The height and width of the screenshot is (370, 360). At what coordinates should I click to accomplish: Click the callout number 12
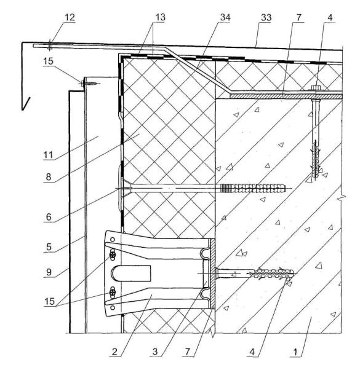coord(70,17)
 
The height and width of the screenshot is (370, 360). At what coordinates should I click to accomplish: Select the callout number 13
coord(160,17)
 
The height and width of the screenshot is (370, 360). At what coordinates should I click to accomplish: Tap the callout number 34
coord(225,17)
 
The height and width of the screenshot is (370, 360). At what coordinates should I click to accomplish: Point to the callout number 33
coord(266,17)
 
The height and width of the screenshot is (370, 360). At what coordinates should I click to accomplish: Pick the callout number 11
coord(48,155)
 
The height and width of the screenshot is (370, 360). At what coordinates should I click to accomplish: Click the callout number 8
coord(49,176)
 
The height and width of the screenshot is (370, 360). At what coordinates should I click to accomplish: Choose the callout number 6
coord(49,217)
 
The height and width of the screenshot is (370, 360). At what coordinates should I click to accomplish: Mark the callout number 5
coord(49,247)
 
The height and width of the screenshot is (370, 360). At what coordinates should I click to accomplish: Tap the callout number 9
coord(49,272)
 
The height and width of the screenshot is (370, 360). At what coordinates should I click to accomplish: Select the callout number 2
coord(114,352)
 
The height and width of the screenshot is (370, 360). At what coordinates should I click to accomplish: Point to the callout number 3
coord(155,352)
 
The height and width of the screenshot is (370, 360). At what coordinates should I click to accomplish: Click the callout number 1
coord(295,352)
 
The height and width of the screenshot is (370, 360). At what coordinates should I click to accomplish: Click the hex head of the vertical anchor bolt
coord(315,88)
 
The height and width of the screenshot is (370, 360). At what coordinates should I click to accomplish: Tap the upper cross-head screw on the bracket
coord(113,255)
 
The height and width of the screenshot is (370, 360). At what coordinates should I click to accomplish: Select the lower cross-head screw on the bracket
coord(113,293)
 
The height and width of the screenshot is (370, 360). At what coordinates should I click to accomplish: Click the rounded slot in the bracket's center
coord(130,274)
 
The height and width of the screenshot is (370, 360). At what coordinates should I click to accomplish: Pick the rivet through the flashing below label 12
coord(49,44)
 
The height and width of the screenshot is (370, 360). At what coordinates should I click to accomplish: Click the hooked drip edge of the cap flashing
coord(26,104)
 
